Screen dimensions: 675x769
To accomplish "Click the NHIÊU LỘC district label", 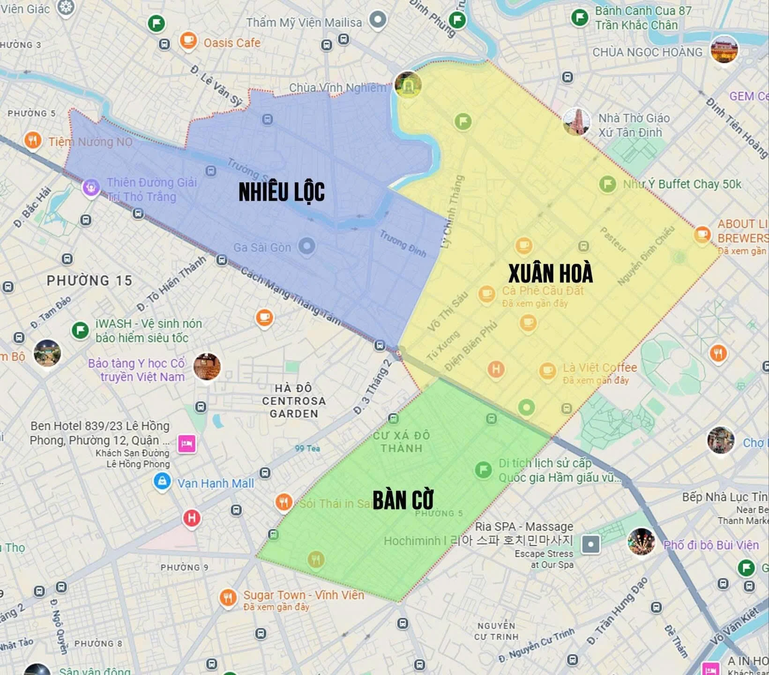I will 281,192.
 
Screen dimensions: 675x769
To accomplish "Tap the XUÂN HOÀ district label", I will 550,273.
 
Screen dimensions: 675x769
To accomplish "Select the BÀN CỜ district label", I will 403,500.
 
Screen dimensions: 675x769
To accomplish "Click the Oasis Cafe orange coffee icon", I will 188,40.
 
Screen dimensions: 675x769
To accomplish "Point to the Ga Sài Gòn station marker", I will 307,246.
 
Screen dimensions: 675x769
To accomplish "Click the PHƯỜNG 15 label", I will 90,281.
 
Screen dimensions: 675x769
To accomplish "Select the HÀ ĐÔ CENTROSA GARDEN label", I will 294,401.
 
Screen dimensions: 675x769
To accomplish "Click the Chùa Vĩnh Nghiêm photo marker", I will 408,85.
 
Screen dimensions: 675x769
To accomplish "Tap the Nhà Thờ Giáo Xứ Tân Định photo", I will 576,121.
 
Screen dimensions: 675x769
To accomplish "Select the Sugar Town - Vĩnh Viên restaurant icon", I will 228,598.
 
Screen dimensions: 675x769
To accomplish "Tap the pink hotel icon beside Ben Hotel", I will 187,443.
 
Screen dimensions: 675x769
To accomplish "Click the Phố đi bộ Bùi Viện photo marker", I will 641,541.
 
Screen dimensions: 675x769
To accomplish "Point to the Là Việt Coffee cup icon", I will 547,371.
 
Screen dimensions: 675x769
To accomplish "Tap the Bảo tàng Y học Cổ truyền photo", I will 207,367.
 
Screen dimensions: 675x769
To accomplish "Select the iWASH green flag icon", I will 80,330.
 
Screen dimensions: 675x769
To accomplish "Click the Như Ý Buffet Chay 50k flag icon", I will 607,184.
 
